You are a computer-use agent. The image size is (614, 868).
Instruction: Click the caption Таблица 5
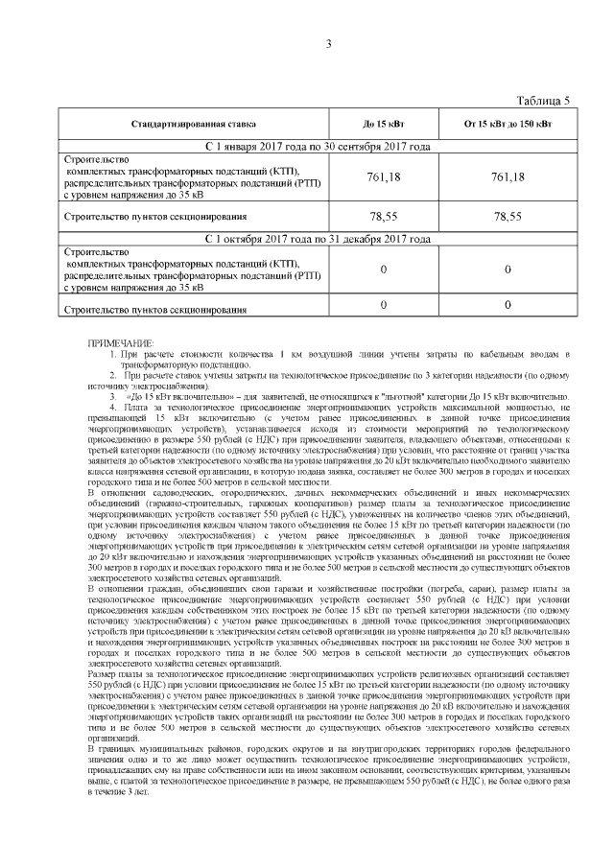pos(543,101)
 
